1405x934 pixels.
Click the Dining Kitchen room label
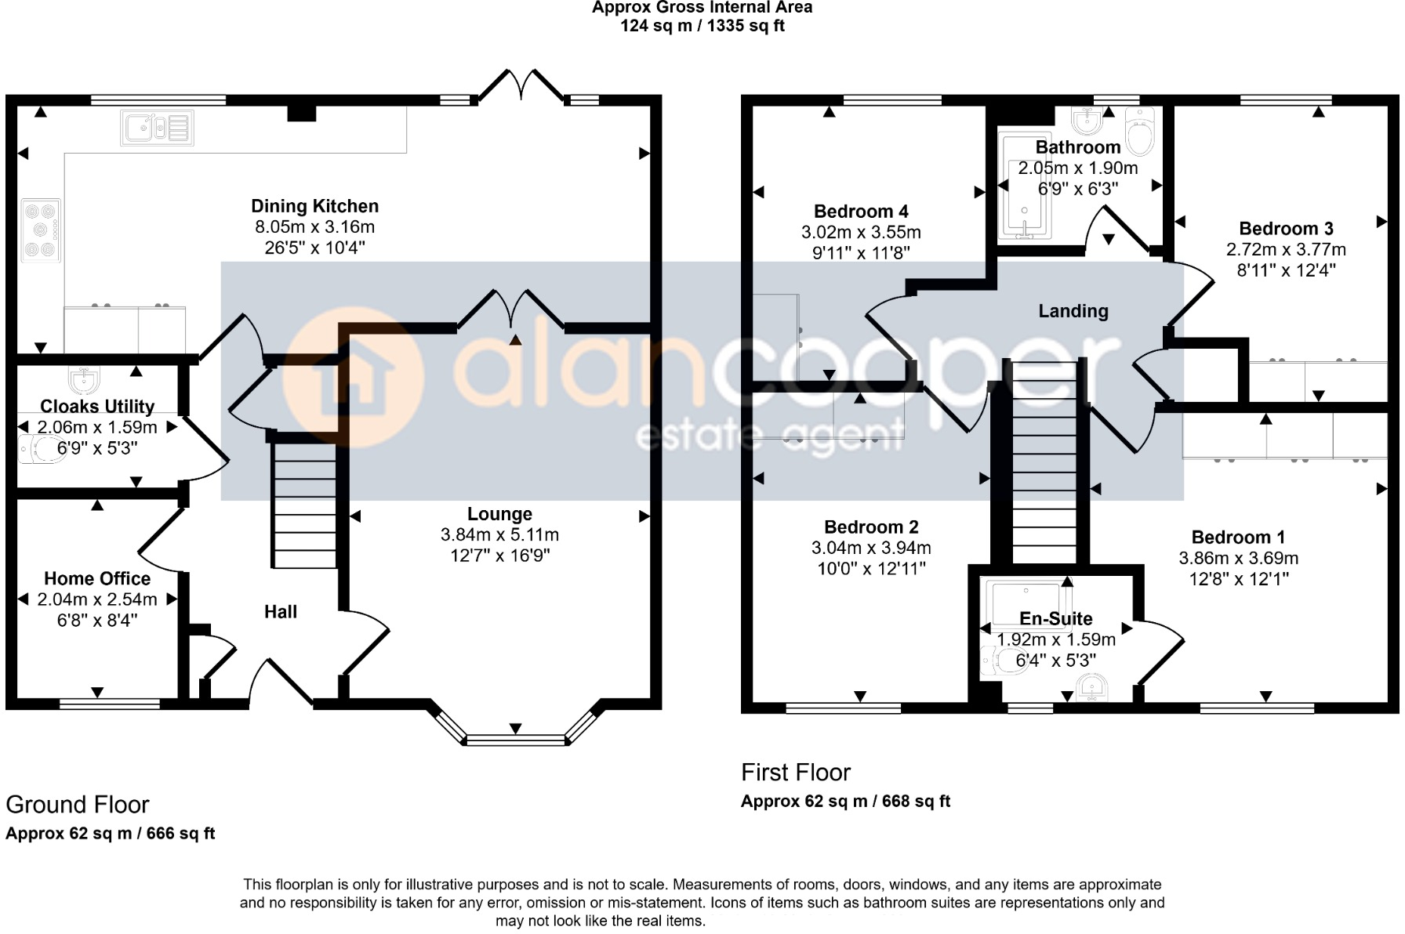click(314, 206)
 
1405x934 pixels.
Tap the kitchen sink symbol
click(156, 128)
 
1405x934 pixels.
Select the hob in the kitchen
click(41, 230)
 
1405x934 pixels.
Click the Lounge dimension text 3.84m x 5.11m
click(499, 535)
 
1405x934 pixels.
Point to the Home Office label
click(97, 578)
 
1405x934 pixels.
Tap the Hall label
click(280, 612)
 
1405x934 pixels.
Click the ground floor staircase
click(304, 505)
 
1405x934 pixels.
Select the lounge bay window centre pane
click(515, 740)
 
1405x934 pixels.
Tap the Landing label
click(1073, 311)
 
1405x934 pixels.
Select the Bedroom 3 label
click(1286, 229)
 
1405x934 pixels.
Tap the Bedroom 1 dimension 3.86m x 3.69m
click(1238, 559)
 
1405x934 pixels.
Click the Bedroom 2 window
click(843, 708)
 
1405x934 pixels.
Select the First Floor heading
click(795, 773)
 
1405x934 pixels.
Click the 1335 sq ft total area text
click(745, 26)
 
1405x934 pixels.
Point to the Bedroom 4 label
click(861, 212)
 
